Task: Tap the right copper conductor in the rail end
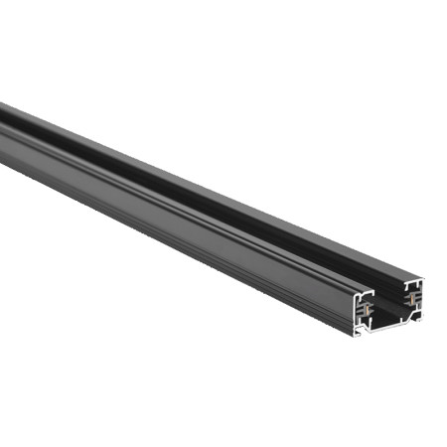[410, 299]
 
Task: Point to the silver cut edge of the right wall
[420, 298]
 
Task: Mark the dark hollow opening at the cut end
[389, 306]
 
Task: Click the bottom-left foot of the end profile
[359, 334]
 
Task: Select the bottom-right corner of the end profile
[420, 319]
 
